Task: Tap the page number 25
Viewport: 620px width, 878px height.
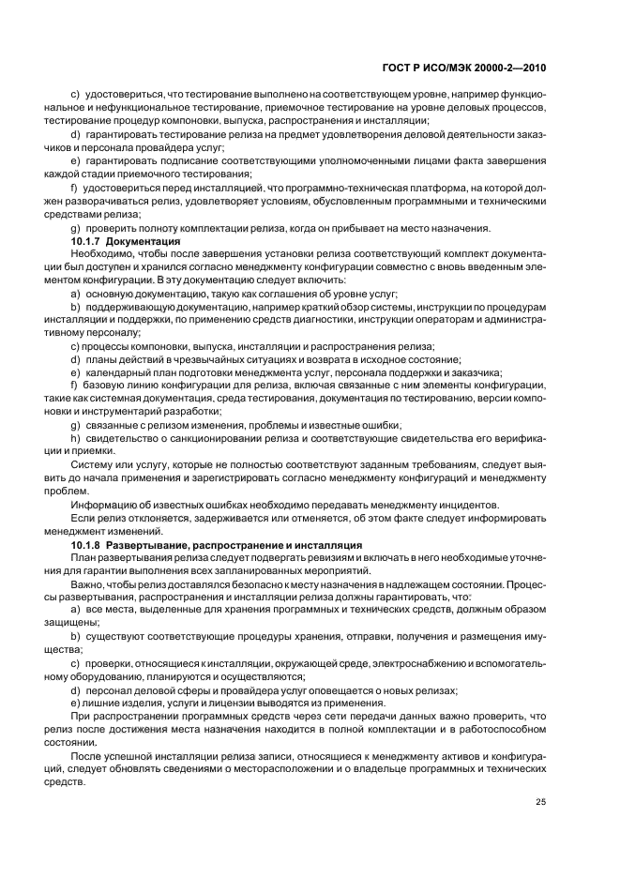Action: pyautogui.click(x=540, y=801)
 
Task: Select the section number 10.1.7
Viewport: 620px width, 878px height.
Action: pyautogui.click(x=86, y=241)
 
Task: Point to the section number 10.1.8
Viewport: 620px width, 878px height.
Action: pyautogui.click(x=86, y=544)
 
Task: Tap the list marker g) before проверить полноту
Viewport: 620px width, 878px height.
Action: pyautogui.click(x=76, y=228)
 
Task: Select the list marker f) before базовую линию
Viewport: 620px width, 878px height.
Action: pyautogui.click(x=76, y=385)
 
